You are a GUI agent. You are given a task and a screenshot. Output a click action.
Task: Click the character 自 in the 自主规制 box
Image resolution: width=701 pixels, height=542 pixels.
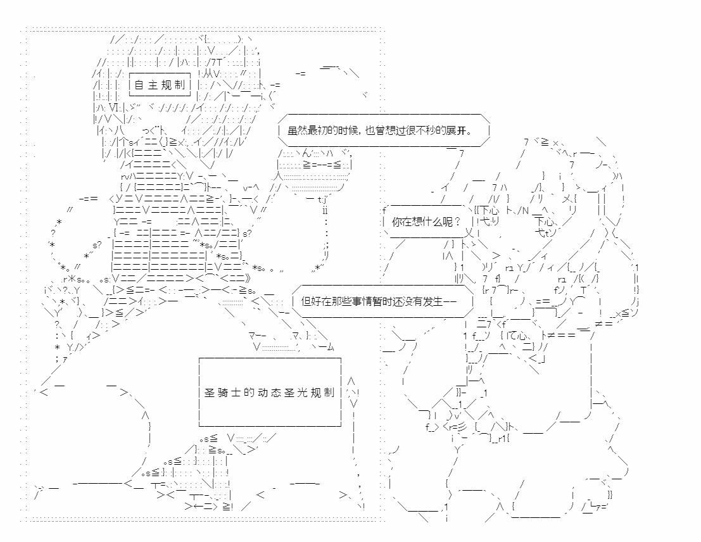pyautogui.click(x=139, y=85)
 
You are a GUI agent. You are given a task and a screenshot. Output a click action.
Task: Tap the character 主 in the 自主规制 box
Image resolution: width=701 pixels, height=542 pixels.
pyautogui.click(x=153, y=85)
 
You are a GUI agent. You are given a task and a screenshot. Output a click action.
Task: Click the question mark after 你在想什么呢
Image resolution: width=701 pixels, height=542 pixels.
pyautogui.click(x=458, y=222)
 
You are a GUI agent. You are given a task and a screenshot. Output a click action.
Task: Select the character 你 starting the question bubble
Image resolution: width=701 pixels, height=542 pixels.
pyautogui.click(x=397, y=222)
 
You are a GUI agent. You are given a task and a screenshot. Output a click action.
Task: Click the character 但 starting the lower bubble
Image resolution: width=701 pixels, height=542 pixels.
pyautogui.click(x=306, y=301)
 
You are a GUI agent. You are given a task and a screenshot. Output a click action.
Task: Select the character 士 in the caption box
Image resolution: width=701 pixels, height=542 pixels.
pyautogui.click(x=236, y=393)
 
